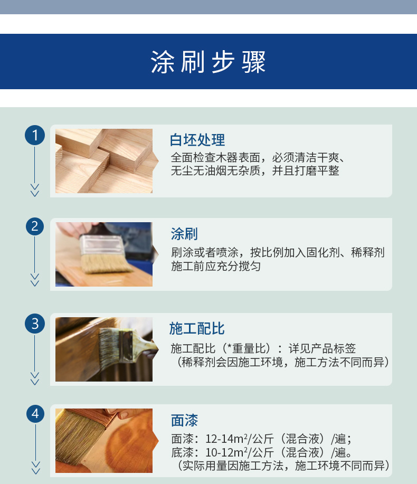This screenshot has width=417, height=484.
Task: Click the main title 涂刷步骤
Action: (x=209, y=62)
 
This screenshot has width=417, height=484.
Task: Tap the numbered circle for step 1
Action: (x=35, y=135)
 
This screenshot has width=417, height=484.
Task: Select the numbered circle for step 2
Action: (x=35, y=226)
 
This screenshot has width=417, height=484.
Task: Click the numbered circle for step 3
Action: (x=35, y=324)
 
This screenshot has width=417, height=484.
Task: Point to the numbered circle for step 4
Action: (x=35, y=414)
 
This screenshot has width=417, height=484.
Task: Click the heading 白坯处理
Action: (x=197, y=140)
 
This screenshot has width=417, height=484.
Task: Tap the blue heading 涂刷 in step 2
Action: (x=184, y=234)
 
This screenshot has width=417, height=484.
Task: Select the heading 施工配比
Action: (x=196, y=328)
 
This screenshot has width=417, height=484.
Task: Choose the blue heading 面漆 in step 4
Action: (x=184, y=421)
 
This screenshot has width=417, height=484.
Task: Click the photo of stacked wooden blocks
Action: (x=104, y=161)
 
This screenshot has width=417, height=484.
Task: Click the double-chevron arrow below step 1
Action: (x=35, y=190)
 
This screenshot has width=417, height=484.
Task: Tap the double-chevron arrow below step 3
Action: (x=35, y=378)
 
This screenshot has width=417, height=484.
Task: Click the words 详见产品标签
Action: (x=322, y=348)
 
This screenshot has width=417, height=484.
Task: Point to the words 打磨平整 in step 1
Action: (x=317, y=170)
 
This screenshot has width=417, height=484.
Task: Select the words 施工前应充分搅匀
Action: (x=216, y=266)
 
